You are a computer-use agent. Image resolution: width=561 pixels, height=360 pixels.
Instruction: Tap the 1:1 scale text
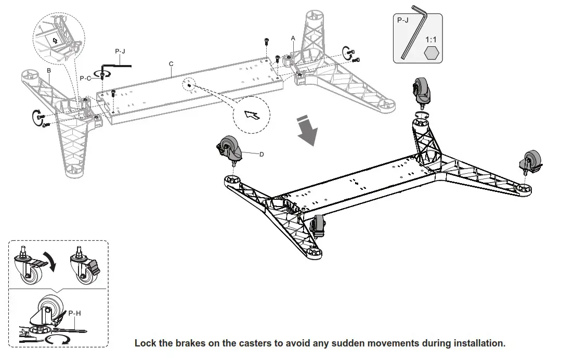click(431, 39)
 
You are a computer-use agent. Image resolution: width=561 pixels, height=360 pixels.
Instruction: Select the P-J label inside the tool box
click(403, 21)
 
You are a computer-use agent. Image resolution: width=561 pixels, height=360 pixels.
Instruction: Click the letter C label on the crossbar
click(171, 63)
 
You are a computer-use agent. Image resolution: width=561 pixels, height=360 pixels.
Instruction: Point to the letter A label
click(293, 38)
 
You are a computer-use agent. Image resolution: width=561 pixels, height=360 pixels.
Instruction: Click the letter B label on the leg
click(48, 70)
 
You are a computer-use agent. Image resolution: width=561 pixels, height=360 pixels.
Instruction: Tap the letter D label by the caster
click(262, 155)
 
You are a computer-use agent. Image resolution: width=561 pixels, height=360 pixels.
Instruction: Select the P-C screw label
click(86, 78)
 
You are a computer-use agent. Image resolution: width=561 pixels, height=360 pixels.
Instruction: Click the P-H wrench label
click(75, 314)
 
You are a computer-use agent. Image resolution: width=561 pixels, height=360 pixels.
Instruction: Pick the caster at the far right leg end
click(530, 161)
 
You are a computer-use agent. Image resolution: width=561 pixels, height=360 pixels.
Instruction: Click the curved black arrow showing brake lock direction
click(51, 260)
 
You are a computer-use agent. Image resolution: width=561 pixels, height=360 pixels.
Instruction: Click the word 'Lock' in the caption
click(145, 343)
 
